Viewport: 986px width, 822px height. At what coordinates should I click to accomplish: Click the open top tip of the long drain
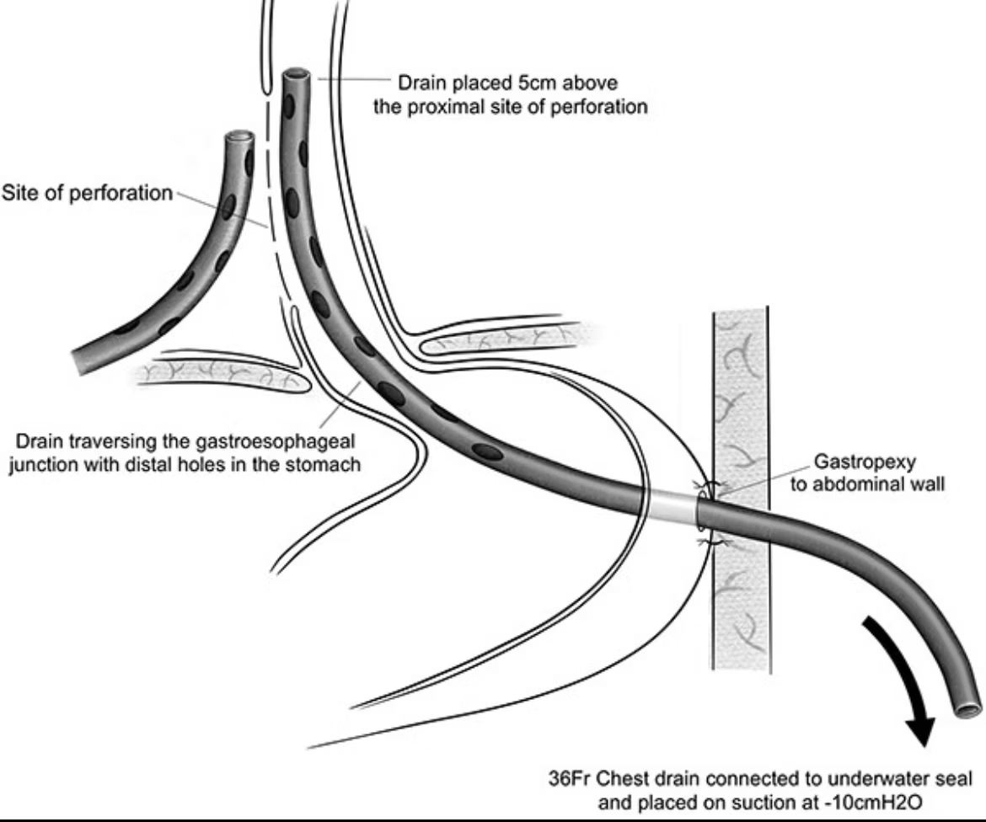[296, 77]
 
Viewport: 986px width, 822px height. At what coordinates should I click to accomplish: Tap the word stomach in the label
[334, 464]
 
